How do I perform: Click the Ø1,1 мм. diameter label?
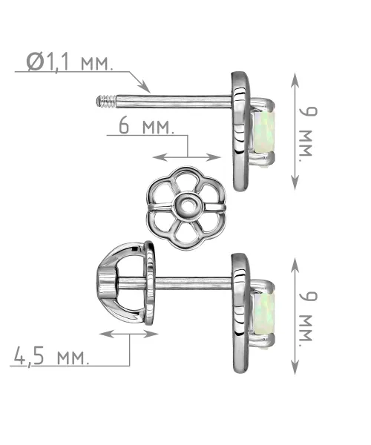click(x=70, y=62)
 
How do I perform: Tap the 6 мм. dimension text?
click(x=146, y=126)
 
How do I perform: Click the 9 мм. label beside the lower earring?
click(x=307, y=317)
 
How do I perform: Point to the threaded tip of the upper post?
click(x=106, y=102)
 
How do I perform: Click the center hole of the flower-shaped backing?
click(x=186, y=205)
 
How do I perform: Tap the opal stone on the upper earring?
click(x=263, y=132)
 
